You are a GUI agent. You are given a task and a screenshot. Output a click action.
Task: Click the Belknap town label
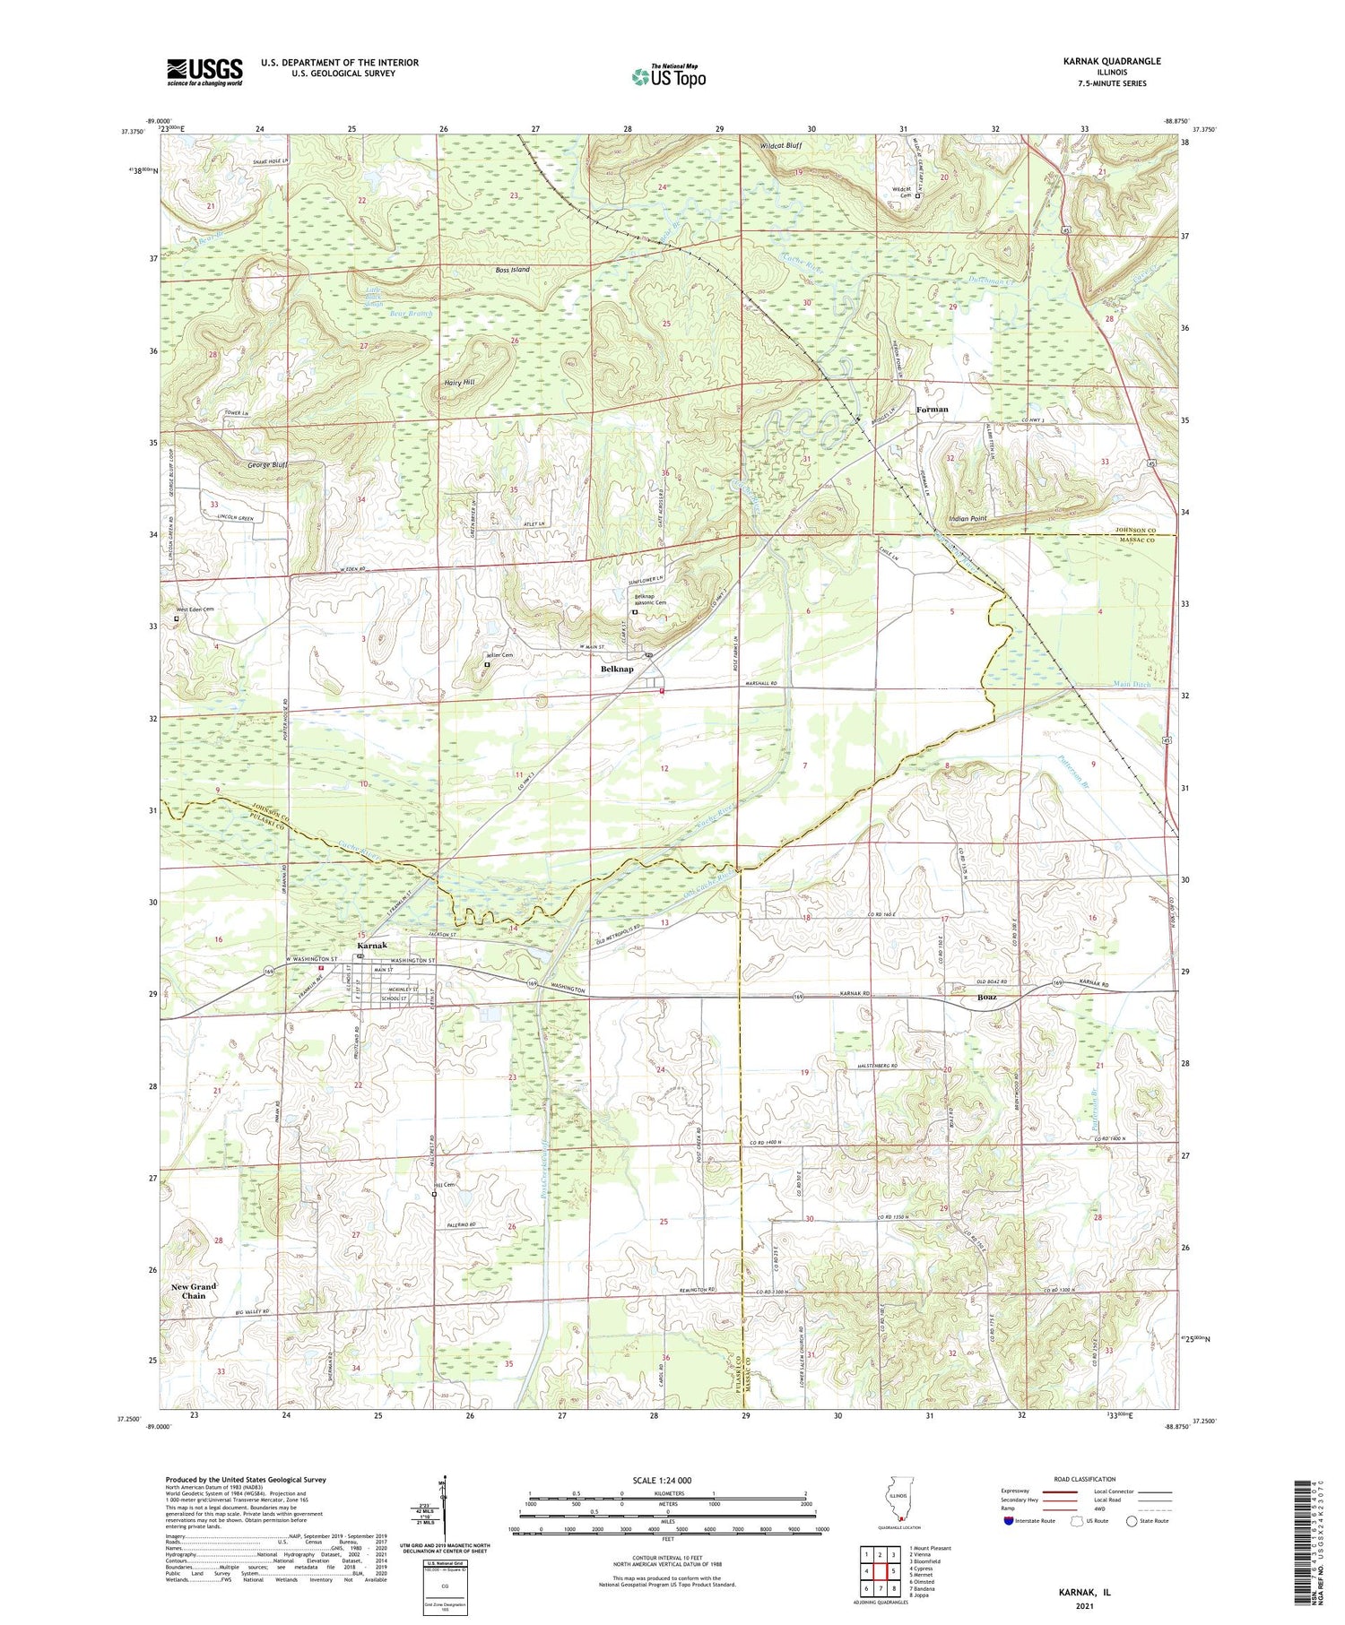(617, 669)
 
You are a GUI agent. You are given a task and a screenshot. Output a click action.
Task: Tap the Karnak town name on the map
(372, 946)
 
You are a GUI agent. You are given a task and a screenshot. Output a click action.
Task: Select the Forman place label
(932, 409)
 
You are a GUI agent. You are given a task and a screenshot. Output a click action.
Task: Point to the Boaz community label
(985, 997)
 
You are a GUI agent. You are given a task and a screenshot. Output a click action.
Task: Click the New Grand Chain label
(194, 1291)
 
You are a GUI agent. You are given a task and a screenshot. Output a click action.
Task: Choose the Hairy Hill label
(459, 382)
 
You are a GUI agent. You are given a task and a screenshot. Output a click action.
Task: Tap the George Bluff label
(267, 465)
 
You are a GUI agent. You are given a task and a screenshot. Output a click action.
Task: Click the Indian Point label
(968, 518)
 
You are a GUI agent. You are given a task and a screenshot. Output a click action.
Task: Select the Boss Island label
(512, 269)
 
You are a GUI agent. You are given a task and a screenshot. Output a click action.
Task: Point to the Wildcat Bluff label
(780, 144)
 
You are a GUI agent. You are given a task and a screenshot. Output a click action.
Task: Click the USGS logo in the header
(204, 72)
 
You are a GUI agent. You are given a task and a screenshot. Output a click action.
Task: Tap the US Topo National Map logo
(668, 76)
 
